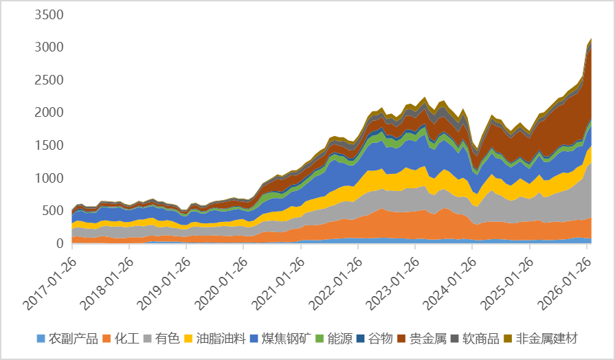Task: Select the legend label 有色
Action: [x=166, y=339]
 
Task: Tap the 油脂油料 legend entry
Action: [x=220, y=339]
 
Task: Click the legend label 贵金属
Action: [x=427, y=339]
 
